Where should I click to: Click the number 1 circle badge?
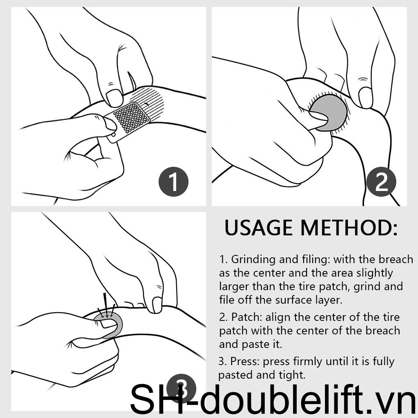coord(173,182)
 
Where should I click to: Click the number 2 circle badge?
coord(381,182)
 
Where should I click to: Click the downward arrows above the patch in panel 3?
coord(107,306)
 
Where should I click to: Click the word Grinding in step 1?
coord(253,260)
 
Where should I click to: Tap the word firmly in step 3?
coord(308,362)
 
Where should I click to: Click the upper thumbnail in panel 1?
coord(114,97)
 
